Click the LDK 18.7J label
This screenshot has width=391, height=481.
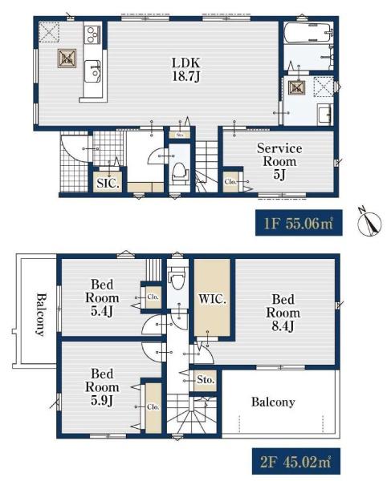[x=186, y=69]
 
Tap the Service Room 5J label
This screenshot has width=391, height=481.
[x=279, y=161]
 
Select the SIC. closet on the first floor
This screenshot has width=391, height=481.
[x=108, y=183]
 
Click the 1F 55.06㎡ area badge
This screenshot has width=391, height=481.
[x=299, y=223]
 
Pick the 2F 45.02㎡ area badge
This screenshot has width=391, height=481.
[x=296, y=462]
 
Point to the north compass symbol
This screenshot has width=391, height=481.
[x=370, y=223]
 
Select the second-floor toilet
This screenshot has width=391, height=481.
[x=177, y=278]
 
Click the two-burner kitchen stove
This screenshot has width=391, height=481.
[x=92, y=34]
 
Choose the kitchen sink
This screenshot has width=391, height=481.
[x=92, y=71]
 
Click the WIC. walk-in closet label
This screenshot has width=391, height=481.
[x=212, y=299]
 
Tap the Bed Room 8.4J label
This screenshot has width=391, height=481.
[x=283, y=313]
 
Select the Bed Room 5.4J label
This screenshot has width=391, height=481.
[x=102, y=297]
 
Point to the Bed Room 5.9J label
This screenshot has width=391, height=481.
[x=102, y=387]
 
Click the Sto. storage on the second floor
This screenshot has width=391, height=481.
[x=206, y=380]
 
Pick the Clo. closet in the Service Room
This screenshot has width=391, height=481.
[x=230, y=182]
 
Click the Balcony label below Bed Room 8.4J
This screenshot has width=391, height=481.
[x=273, y=402]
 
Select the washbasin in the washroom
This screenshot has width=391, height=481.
[x=325, y=114]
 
